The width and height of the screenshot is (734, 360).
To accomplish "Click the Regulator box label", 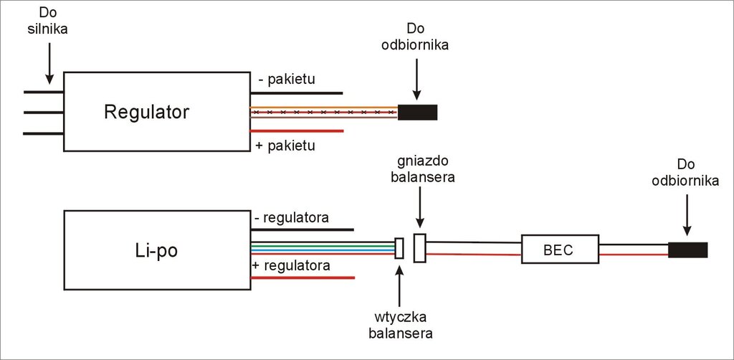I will pyautogui.click(x=146, y=113).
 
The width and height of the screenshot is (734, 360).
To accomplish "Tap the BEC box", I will pyautogui.click(x=559, y=250).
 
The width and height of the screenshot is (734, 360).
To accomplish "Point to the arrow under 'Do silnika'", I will pyautogui.click(x=48, y=61).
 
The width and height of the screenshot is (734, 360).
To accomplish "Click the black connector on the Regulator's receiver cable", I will pyautogui.click(x=417, y=113).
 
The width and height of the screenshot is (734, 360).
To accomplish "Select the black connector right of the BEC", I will pyautogui.click(x=687, y=250).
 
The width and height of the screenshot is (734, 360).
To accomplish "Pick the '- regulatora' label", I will pyautogui.click(x=291, y=217).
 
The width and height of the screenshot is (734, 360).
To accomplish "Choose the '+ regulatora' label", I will pyautogui.click(x=291, y=265).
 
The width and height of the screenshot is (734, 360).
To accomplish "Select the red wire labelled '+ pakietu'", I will pyautogui.click(x=297, y=131).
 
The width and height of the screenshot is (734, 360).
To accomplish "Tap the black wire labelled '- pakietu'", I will pyautogui.click(x=297, y=93).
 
